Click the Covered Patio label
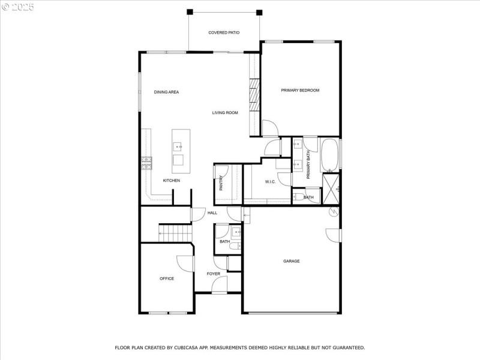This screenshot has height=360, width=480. coord(224,32)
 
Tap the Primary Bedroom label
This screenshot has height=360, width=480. coord(300,91)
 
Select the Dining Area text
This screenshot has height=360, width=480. coord(166,92)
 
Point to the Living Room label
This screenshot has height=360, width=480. coord(225,113)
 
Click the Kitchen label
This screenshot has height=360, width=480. coord(172,181)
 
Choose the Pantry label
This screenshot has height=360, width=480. coord(221,182)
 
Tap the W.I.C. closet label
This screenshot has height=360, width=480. coord(270,182)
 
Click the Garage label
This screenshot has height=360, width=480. coord(292,261)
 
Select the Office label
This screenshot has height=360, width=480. coord(167,279)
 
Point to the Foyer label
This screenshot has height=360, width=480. coord(214,274)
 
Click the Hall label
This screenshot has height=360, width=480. coord(212,213)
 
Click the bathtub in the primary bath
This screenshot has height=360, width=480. coord(330,155)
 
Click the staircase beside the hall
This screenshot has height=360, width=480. coord(174,232)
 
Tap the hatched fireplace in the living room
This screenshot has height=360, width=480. coord(254,95)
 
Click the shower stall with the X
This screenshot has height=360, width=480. coord(331,188)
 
